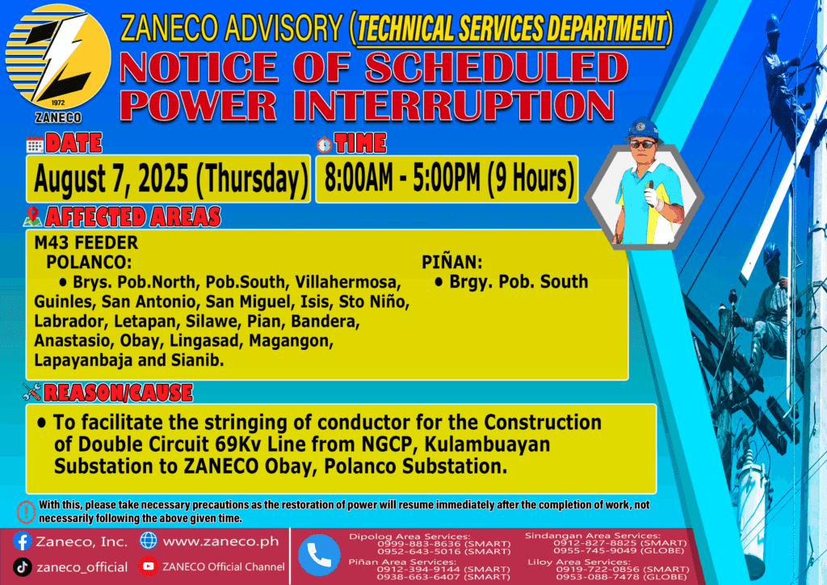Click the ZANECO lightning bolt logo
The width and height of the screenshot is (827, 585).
click(x=58, y=59)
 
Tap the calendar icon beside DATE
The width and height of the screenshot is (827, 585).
click(x=35, y=144)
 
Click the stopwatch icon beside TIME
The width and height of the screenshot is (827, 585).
click(x=325, y=144)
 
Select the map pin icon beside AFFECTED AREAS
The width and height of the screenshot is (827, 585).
click(x=32, y=217)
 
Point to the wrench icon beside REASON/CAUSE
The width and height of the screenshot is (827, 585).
click(x=31, y=392)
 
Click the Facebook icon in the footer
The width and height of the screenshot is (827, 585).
click(x=22, y=541)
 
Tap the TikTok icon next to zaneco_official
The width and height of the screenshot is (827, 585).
click(x=22, y=567)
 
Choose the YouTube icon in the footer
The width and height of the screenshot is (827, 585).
click(x=149, y=566)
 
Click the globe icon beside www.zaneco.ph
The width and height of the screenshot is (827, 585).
click(x=149, y=541)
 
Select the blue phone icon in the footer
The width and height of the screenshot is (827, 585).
click(x=319, y=555)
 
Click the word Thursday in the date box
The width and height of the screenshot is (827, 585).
click(x=252, y=179)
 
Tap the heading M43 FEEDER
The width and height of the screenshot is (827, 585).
click(x=86, y=242)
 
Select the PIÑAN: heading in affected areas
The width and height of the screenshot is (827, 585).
click(x=452, y=262)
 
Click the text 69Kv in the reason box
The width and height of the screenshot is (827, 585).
click(x=238, y=444)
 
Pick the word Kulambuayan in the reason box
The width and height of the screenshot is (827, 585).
click(x=487, y=444)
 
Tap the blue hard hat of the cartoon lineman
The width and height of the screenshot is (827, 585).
click(x=642, y=130)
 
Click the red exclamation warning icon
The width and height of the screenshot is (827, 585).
click(x=26, y=511)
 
